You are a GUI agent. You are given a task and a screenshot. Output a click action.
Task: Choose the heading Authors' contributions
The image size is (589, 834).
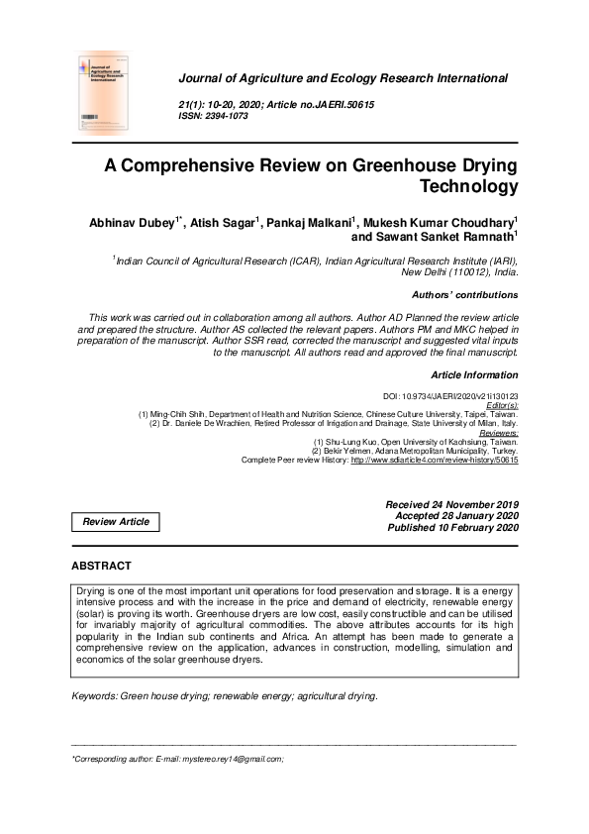coord(464,295)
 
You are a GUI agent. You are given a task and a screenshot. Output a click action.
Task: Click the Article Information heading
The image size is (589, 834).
coord(475,375)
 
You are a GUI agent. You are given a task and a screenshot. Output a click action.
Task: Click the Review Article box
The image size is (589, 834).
coord(116,522)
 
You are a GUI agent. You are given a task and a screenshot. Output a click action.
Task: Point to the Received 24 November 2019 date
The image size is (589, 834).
coord(451,505)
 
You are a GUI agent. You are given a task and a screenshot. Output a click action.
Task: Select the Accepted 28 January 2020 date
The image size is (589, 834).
coord(456,517)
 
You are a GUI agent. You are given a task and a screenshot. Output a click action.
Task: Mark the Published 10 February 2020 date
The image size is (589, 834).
coord(452,529)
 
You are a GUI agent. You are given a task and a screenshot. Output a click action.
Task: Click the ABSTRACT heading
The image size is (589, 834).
coord(101,566)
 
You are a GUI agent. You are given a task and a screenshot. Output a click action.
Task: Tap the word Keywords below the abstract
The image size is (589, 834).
coord(94,696)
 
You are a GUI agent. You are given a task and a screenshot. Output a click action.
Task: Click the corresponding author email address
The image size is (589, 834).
coord(232,759)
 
